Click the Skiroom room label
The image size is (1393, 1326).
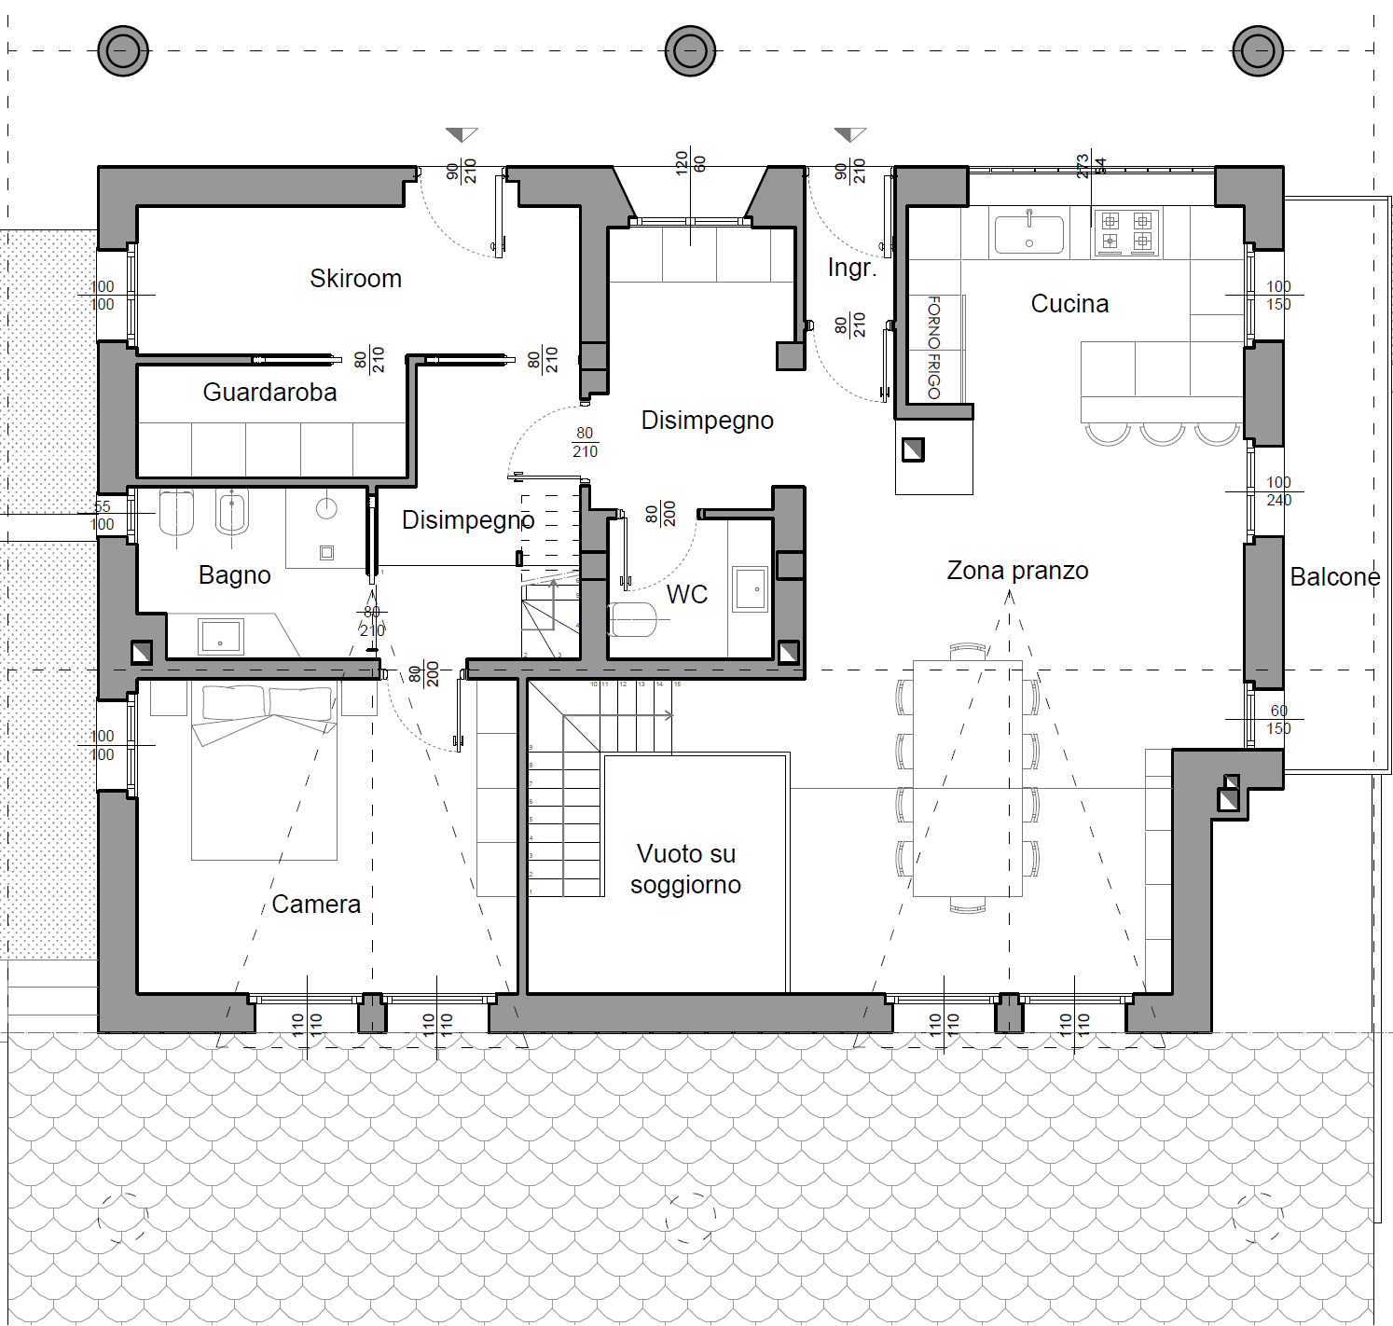click(x=355, y=279)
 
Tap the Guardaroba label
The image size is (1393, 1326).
click(x=269, y=393)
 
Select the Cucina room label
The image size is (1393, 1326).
click(x=1069, y=304)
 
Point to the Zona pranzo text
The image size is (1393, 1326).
click(x=1017, y=571)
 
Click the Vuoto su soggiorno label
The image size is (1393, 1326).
click(x=685, y=869)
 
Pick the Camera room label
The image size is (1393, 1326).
click(x=316, y=905)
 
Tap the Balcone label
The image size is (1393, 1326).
click(x=1334, y=577)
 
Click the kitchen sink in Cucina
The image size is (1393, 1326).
click(x=1028, y=234)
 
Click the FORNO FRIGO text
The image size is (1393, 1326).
click(x=933, y=348)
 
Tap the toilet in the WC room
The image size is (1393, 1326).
click(x=634, y=619)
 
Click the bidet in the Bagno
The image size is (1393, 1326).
click(x=231, y=513)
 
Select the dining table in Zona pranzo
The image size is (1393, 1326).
click(x=967, y=779)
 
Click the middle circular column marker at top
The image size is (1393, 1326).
click(x=690, y=50)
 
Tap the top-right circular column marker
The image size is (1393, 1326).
click(x=1257, y=50)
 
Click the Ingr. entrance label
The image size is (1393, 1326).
click(x=851, y=269)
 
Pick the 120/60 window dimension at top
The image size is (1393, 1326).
click(x=690, y=163)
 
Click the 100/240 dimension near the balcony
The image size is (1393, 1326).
click(x=1278, y=491)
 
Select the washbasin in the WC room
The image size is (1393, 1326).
click(x=750, y=589)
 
